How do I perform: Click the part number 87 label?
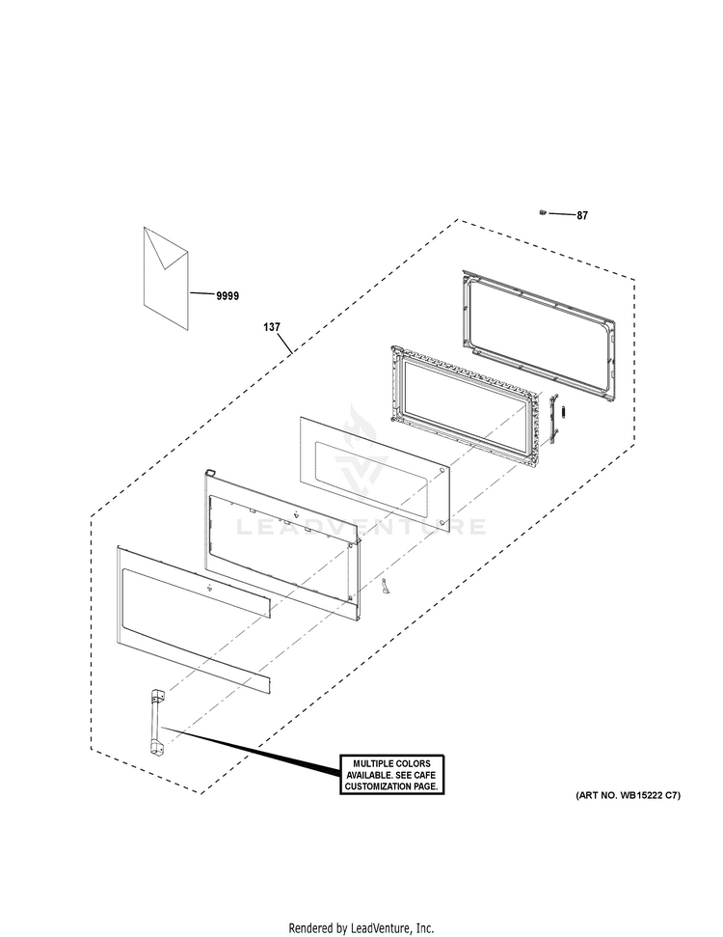coord(582,216)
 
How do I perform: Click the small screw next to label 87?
coord(543,212)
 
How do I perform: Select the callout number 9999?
coord(228,296)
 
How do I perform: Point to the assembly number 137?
coord(272,327)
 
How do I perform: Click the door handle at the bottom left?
coord(156,723)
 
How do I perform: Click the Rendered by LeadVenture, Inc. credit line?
coord(361,928)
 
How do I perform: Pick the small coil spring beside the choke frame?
coord(567,412)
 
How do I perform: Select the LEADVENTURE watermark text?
coord(361,527)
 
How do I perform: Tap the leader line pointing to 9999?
coord(201,294)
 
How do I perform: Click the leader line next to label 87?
coord(562,213)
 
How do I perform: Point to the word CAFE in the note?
coord(425,775)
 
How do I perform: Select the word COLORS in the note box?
coord(415,763)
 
